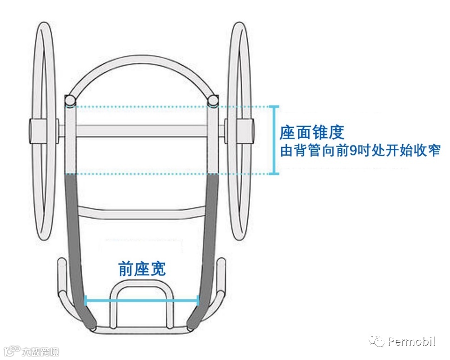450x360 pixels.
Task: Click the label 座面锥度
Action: click(312, 133)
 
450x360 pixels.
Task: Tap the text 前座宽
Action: click(142, 269)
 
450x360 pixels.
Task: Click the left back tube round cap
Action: click(70, 100)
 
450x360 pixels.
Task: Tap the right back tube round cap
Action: click(213, 100)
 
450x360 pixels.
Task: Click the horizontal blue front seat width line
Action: click(142, 300)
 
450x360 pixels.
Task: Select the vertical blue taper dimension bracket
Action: click(275, 140)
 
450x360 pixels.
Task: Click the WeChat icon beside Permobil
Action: click(377, 342)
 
